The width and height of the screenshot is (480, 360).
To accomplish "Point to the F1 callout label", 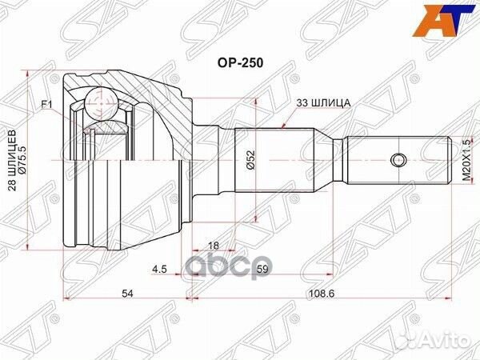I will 47,105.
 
